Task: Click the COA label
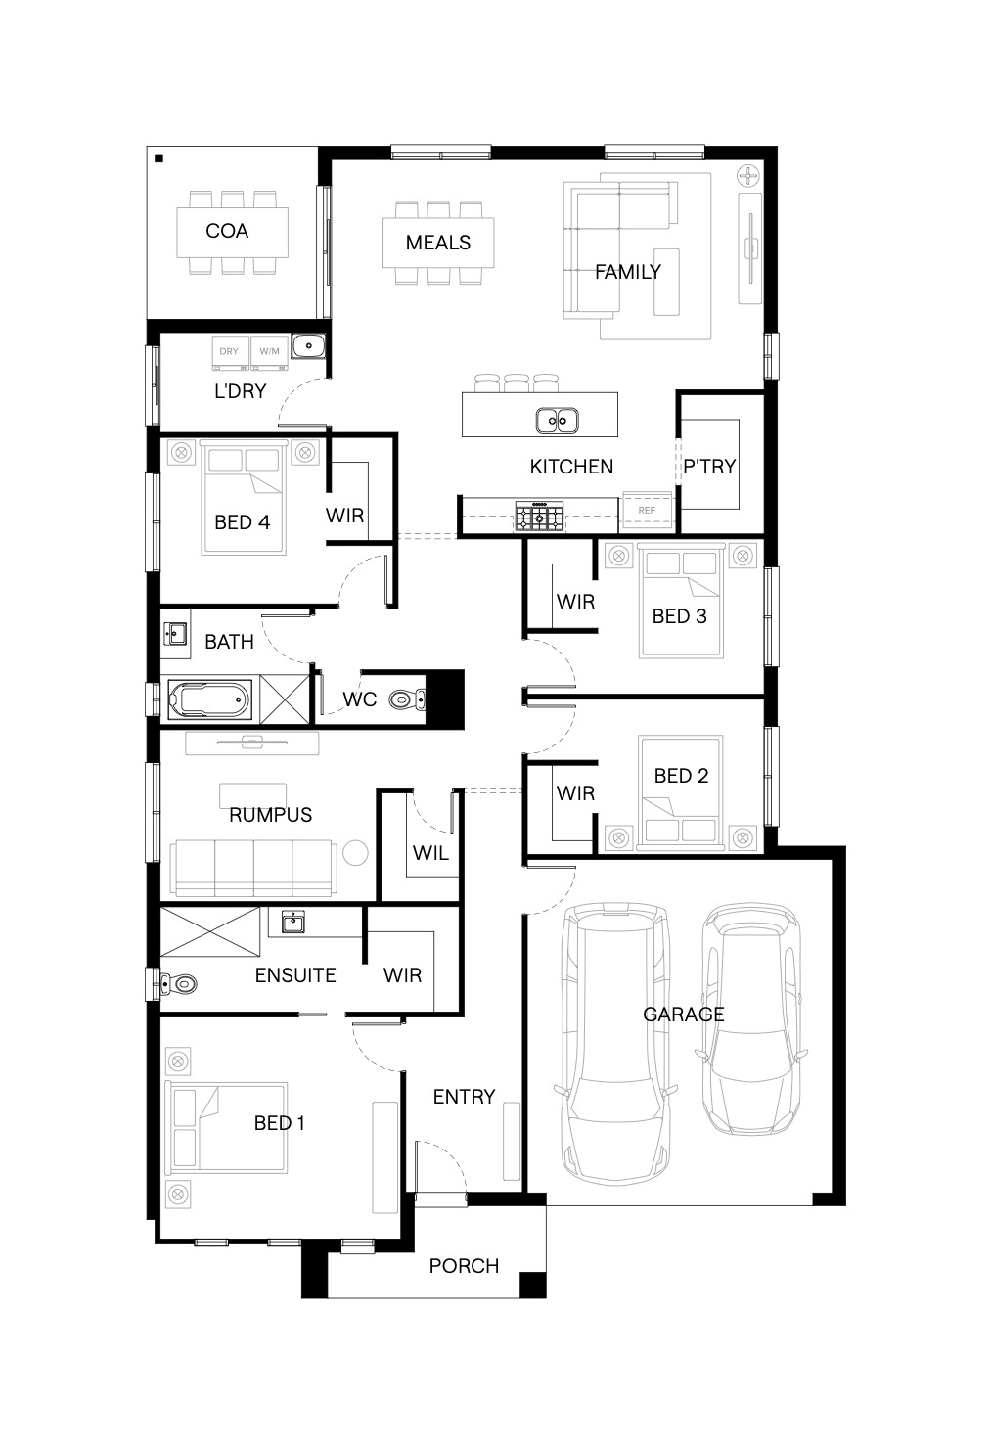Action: coord(227,231)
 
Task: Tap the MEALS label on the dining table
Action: coord(438,243)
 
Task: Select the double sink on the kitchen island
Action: coord(558,422)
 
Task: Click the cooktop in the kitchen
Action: coord(539,516)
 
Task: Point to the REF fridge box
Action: coord(647,511)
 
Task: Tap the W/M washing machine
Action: coord(269,353)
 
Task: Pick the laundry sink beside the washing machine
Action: coord(308,346)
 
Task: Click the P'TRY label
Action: coord(709,467)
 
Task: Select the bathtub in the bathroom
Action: coord(208,699)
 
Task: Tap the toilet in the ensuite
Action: coord(177,984)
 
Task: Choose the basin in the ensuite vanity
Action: coord(293,922)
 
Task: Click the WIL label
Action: coord(430,853)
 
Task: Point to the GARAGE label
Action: coord(684,1015)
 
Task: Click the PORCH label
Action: coord(464,1266)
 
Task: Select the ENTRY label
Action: coord(464,1097)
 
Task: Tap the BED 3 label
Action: coord(680,616)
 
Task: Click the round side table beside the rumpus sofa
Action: coord(355,853)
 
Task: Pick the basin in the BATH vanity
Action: coord(175,634)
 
